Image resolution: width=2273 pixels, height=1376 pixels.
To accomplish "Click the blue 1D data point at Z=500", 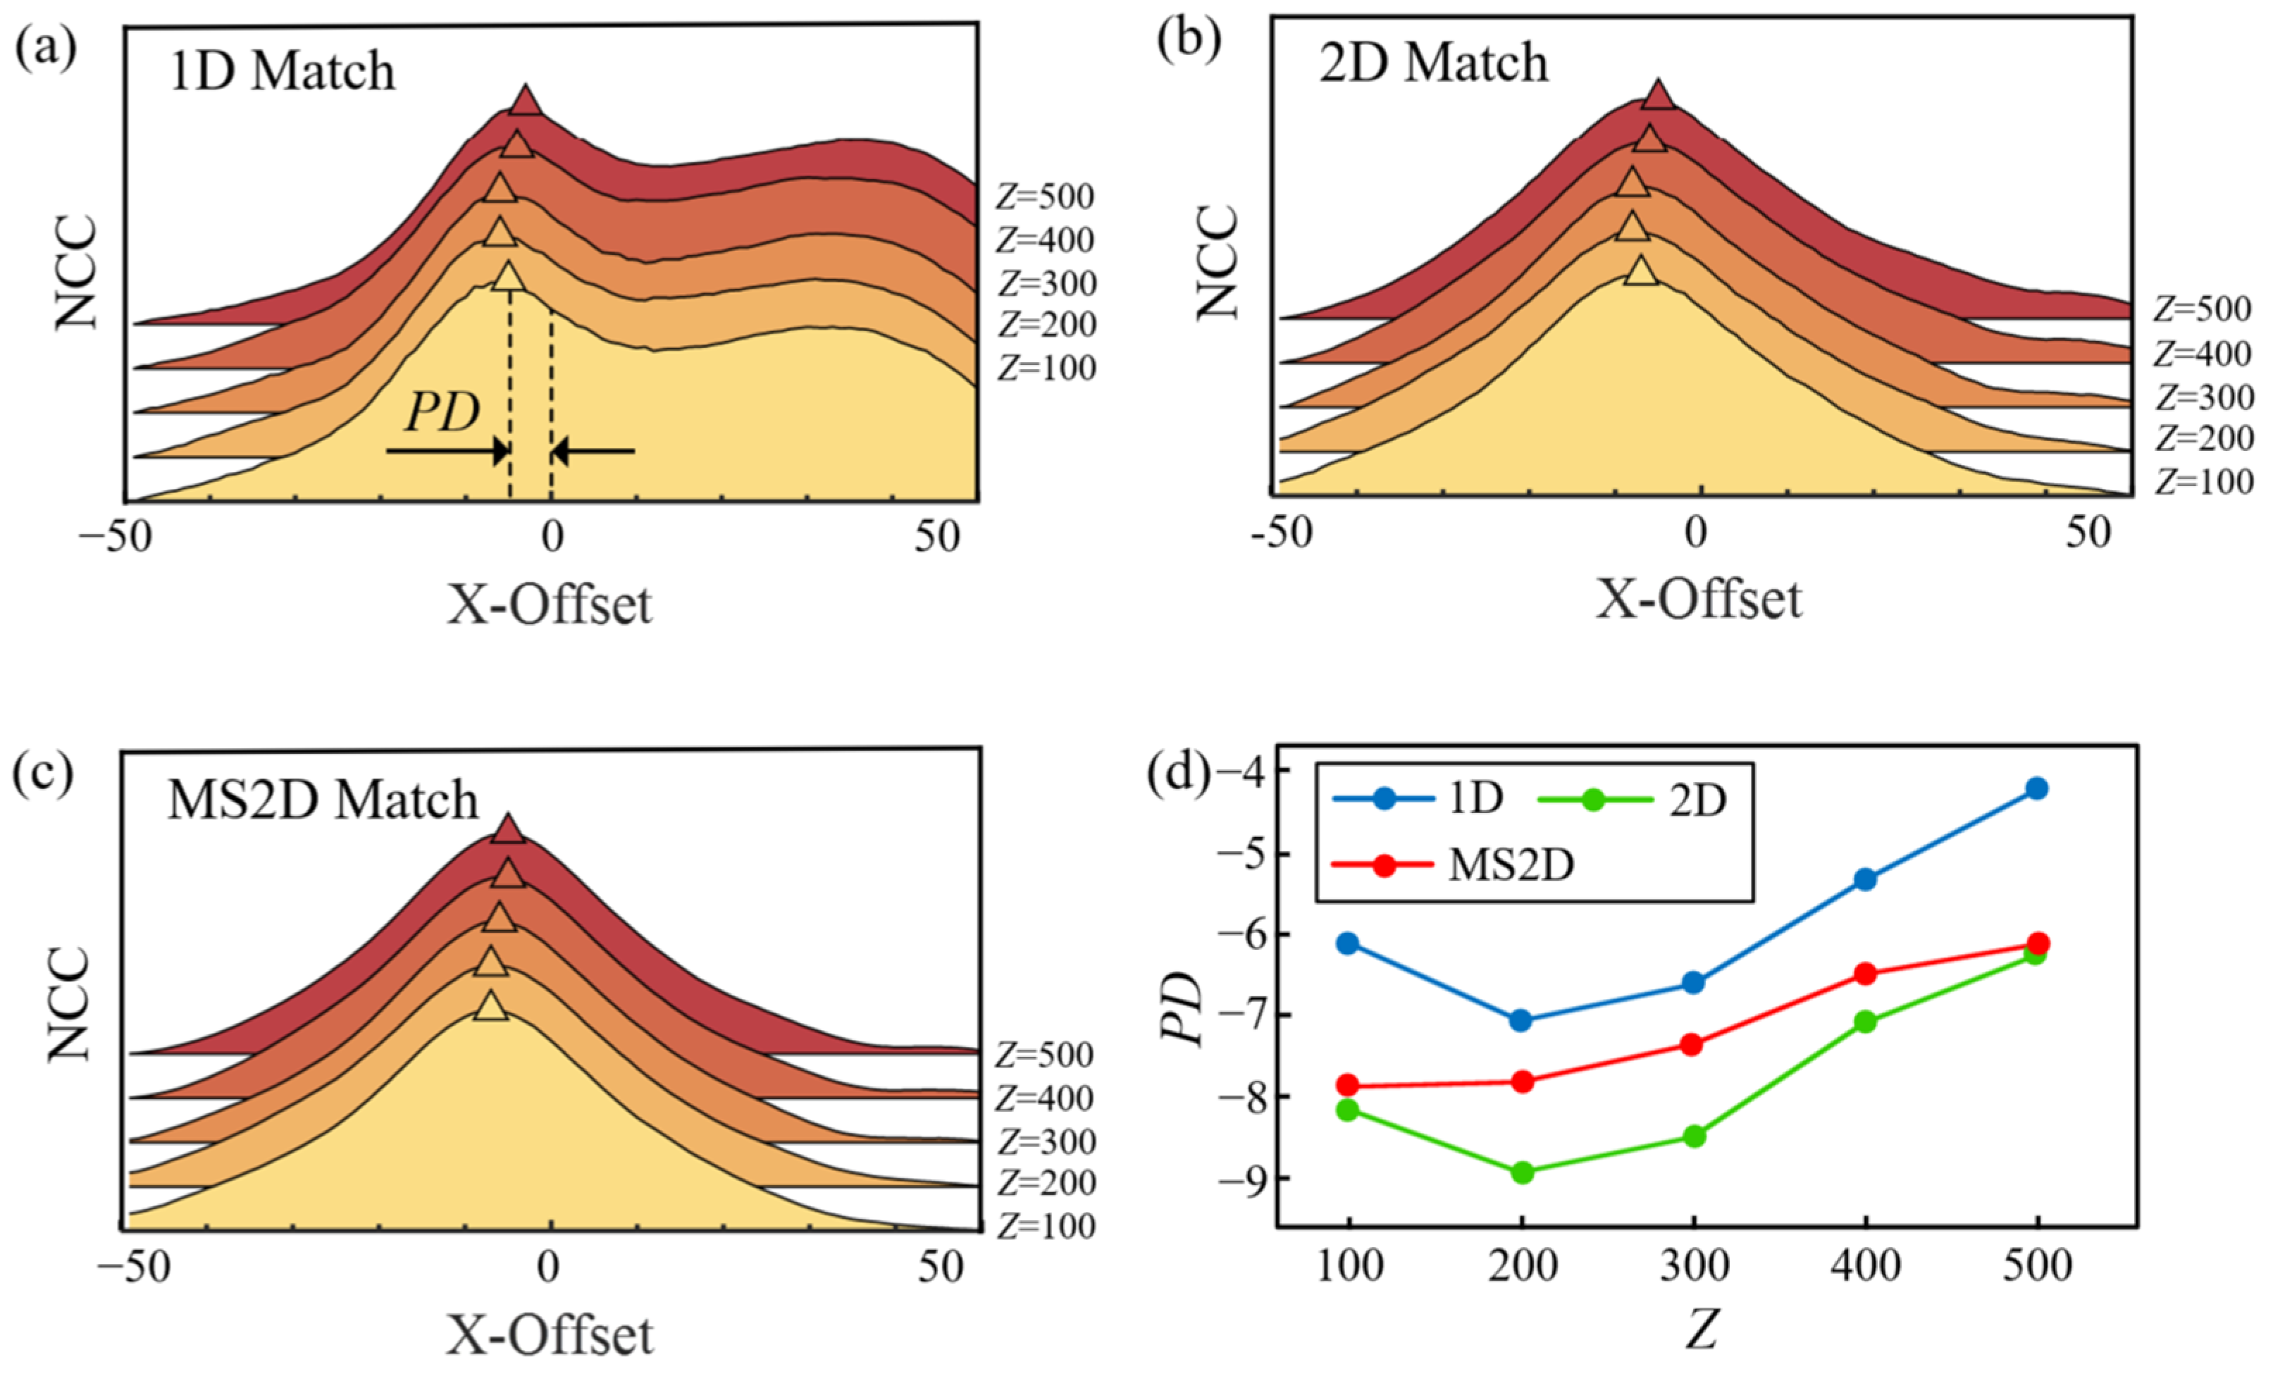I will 2037,788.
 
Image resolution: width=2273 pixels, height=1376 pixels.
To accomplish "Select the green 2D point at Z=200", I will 1522,1172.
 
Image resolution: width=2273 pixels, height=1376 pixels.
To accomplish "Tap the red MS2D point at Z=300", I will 1692,1044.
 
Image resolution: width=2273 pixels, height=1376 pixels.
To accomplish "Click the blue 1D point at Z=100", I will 1348,943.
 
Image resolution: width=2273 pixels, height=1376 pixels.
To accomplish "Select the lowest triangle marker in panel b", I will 1640,271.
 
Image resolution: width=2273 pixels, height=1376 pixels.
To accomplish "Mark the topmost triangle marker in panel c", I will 507,830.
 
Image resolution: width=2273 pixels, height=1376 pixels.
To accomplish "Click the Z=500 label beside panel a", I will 1045,197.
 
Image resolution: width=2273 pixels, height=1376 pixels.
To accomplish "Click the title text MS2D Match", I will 323,800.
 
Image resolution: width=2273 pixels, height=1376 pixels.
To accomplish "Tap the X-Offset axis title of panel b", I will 1698,600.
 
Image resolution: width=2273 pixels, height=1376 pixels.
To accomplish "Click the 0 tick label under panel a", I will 552,537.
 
